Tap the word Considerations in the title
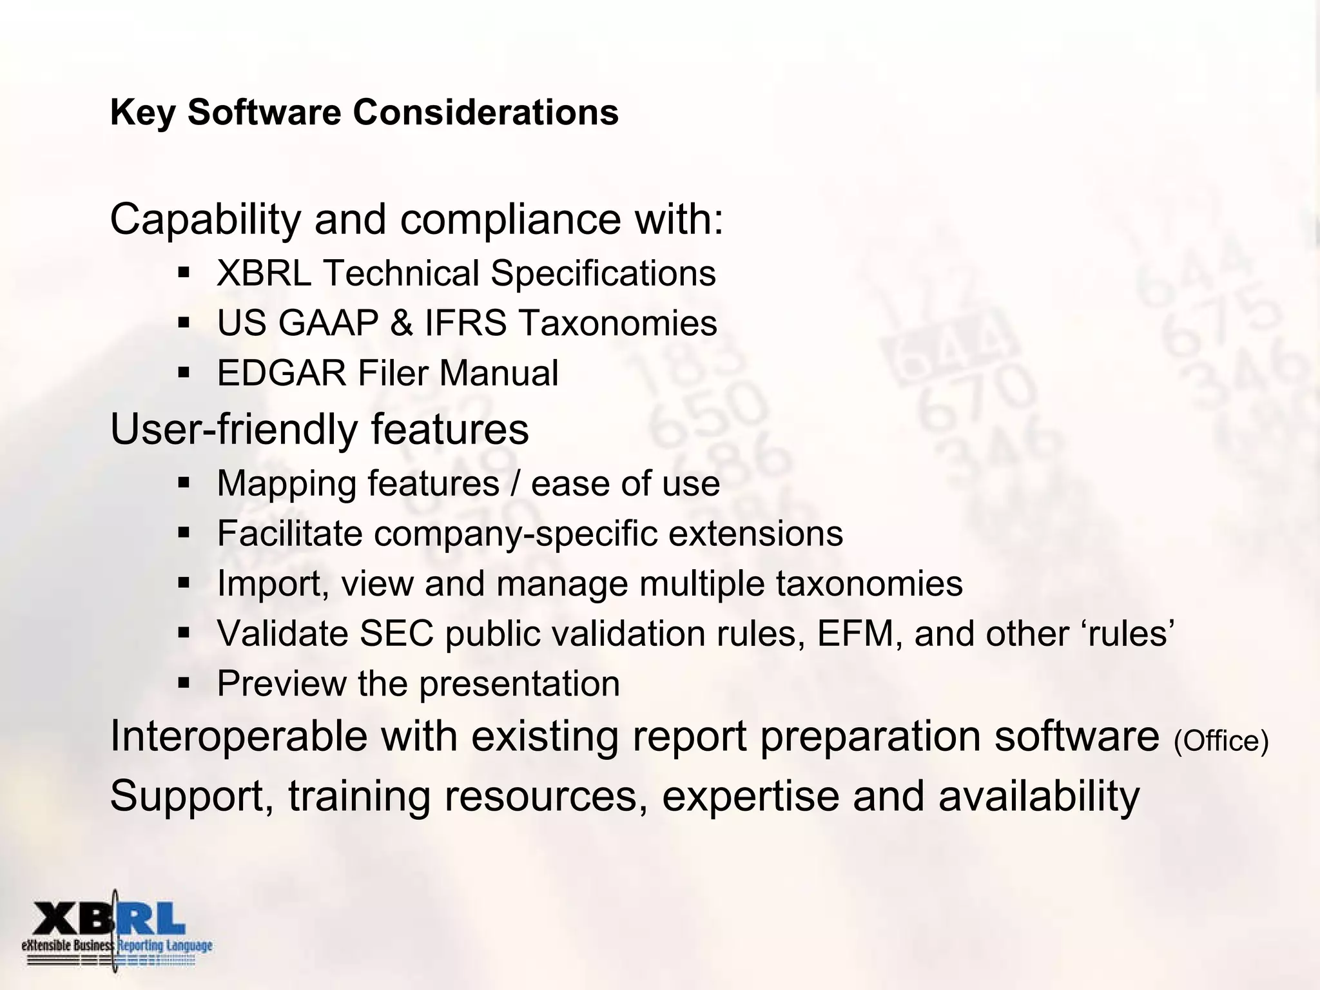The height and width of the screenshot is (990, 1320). coord(485,113)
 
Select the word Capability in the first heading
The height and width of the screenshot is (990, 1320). coord(205,220)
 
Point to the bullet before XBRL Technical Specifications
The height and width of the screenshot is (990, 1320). coord(184,273)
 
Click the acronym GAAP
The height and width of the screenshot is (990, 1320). coord(328,323)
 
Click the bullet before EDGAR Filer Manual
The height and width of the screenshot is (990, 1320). coord(184,373)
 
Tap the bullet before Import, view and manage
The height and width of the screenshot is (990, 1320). coord(184,583)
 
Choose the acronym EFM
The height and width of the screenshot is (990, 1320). coord(856,634)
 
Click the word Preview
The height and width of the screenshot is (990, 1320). coord(282,684)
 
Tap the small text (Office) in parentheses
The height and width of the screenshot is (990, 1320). coord(1221,742)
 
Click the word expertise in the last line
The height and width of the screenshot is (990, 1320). coord(751,797)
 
